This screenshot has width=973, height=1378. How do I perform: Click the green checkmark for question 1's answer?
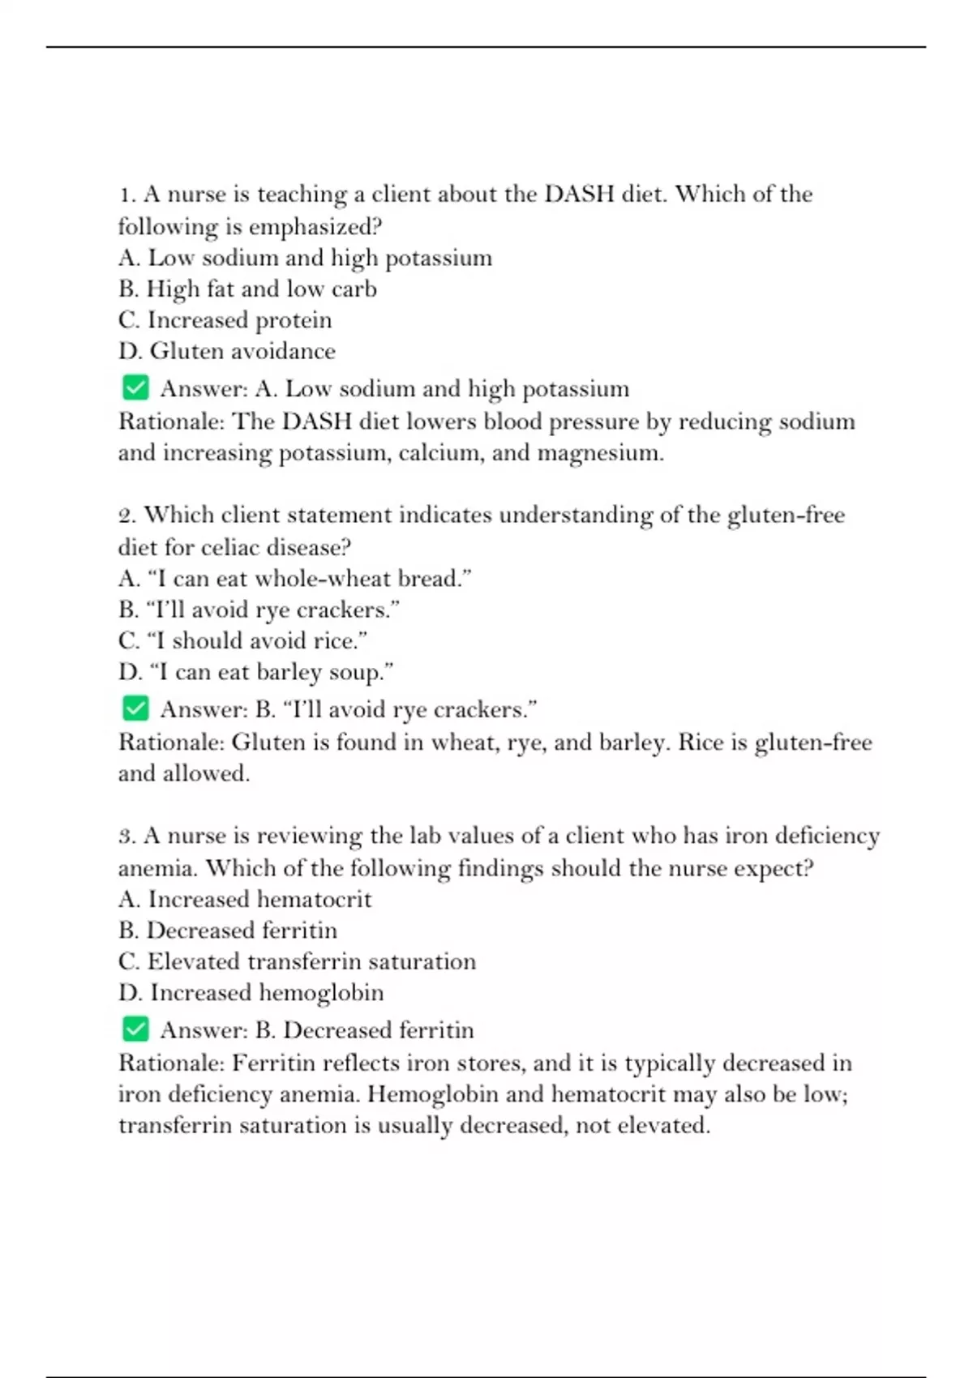tap(135, 387)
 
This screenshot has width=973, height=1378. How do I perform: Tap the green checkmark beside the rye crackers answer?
tap(135, 708)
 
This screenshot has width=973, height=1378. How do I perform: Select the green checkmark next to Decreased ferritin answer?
tap(135, 1029)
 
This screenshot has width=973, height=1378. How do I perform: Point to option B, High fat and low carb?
tap(247, 289)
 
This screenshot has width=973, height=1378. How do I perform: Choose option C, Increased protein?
tap(225, 320)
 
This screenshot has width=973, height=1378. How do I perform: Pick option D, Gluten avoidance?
tap(226, 351)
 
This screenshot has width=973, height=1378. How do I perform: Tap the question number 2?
tap(126, 516)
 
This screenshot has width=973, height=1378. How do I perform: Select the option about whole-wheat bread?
tap(295, 579)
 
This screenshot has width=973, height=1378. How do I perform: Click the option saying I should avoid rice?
tap(242, 641)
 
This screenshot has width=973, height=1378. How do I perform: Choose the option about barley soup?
tap(255, 672)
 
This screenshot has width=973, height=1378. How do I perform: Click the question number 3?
tap(126, 837)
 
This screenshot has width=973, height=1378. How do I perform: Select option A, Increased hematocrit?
tap(245, 900)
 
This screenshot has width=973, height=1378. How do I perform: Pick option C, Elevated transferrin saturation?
tap(297, 962)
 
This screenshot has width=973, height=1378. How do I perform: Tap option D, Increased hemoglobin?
tap(251, 993)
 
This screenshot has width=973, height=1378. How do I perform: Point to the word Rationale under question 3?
tap(171, 1063)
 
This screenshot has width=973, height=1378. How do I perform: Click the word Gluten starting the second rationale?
tap(261, 742)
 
